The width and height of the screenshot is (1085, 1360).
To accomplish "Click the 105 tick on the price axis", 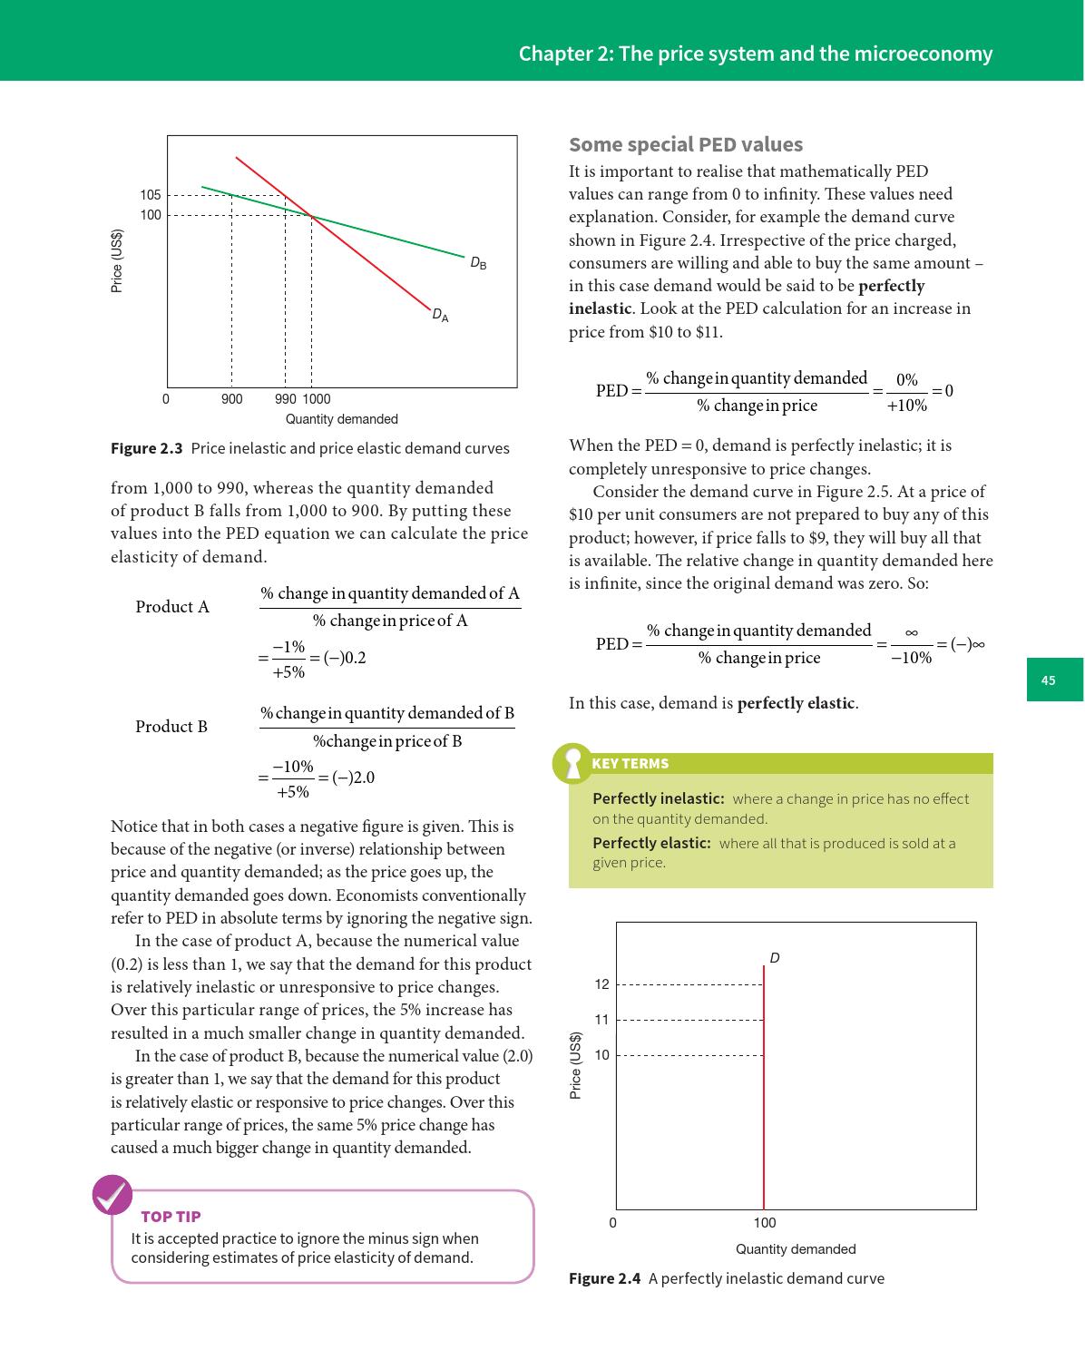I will (150, 195).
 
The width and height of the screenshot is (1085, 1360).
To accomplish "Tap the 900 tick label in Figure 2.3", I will (231, 399).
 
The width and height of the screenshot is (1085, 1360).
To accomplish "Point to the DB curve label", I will (478, 264).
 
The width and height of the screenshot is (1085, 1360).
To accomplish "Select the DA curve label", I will (440, 316).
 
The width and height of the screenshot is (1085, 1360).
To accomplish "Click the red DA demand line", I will (363, 256).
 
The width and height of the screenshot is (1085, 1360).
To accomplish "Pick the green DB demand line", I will (390, 236).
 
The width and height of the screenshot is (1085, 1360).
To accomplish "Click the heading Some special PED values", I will (685, 145).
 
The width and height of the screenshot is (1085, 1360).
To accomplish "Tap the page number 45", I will (1049, 680).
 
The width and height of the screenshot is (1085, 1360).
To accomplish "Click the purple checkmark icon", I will (112, 1196).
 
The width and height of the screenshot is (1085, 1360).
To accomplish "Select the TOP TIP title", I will (171, 1217).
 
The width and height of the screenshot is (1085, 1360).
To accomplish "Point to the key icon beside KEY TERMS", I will (572, 764).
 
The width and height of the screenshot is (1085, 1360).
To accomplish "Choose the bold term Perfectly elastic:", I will (650, 843).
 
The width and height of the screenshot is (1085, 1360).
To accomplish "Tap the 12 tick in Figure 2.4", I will (601, 984).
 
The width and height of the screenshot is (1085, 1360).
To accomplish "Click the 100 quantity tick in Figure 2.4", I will (764, 1223).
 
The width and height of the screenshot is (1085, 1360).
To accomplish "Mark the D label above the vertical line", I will (775, 958).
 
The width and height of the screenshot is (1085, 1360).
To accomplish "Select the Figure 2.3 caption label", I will (146, 448).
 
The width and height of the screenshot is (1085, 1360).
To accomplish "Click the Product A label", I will (172, 607).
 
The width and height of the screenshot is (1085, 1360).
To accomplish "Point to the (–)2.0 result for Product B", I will (353, 778).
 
